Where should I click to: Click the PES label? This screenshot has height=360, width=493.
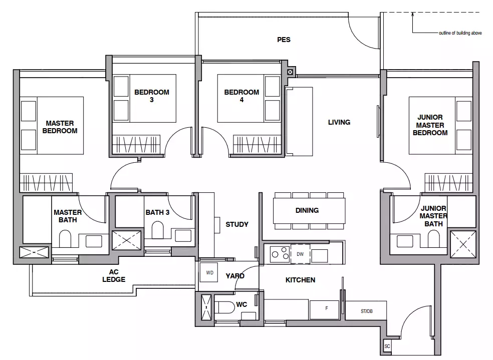click(x=284, y=40)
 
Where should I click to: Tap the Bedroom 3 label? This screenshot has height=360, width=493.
click(x=151, y=96)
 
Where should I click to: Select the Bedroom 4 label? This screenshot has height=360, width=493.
click(x=241, y=96)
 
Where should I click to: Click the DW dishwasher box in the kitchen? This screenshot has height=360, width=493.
click(x=300, y=254)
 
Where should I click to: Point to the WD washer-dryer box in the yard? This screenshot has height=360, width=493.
click(x=209, y=272)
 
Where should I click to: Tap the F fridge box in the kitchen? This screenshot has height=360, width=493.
click(x=325, y=310)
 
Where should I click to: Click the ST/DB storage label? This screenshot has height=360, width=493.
click(x=367, y=311)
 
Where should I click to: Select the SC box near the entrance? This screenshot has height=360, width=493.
click(x=387, y=346)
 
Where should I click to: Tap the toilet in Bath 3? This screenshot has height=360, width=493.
click(x=157, y=230)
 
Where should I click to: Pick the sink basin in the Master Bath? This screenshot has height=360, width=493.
click(x=94, y=241)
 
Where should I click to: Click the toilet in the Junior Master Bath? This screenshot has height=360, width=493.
click(x=433, y=239)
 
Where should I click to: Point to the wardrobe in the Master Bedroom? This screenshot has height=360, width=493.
click(x=46, y=183)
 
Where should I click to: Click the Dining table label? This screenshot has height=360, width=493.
click(x=307, y=210)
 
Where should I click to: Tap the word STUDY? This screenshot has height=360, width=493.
click(x=237, y=224)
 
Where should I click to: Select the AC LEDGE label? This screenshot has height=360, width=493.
click(x=114, y=275)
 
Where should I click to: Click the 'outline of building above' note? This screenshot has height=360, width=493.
click(x=460, y=33)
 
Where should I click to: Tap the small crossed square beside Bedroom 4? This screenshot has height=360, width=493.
click(x=290, y=72)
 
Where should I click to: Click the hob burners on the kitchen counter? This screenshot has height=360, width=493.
click(x=280, y=254)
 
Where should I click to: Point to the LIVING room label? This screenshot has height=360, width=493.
click(x=339, y=122)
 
